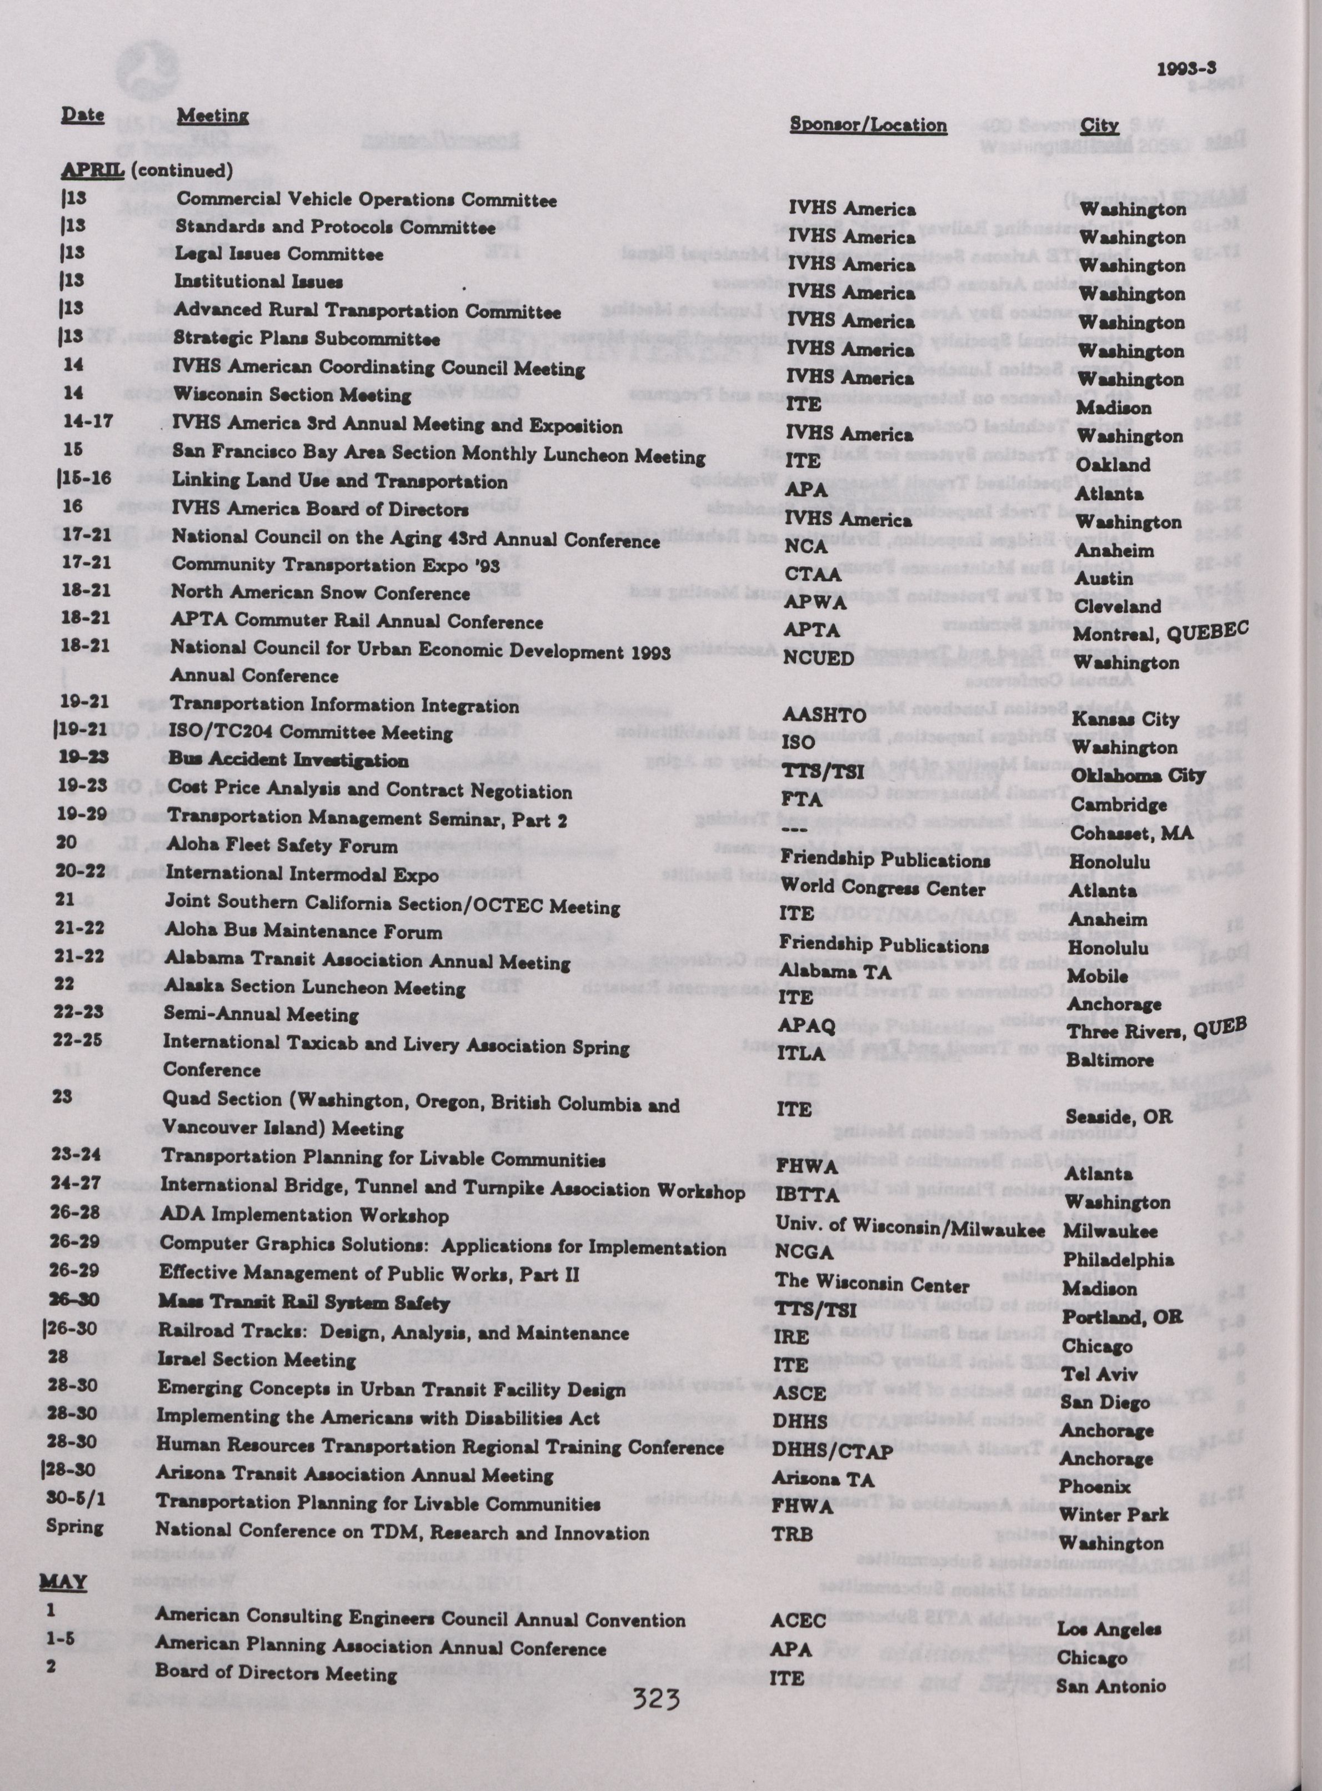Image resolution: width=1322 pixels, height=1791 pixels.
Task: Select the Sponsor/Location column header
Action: point(868,125)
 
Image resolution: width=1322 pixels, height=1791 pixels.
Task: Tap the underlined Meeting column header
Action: point(213,117)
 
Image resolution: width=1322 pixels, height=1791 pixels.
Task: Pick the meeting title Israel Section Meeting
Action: point(256,1360)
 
